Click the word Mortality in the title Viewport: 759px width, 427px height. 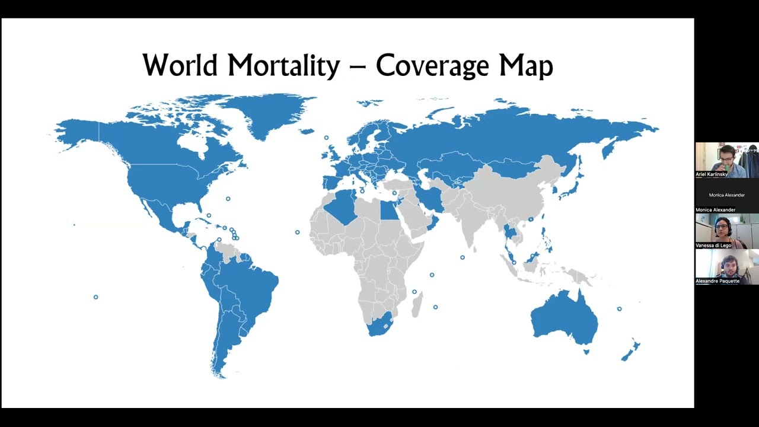pos(282,65)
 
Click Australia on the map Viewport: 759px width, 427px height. pos(563,320)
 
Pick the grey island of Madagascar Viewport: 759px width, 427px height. pos(417,304)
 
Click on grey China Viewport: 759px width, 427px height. pos(510,190)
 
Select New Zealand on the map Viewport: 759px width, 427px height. pos(630,351)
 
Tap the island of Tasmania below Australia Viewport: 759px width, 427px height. pos(586,352)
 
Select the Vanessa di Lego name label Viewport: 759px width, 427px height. pos(713,246)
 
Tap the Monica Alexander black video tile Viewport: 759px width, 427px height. pos(726,195)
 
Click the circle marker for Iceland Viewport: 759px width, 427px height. pos(326,138)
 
